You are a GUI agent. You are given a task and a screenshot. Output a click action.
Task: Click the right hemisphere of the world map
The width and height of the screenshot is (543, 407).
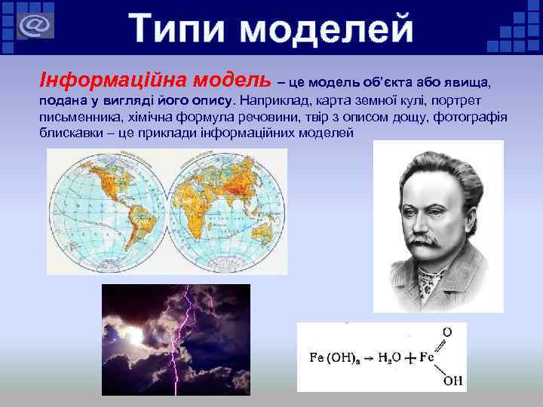[x=226, y=211]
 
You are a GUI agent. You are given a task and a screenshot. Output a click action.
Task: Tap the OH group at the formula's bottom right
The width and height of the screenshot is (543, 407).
[x=452, y=381]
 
